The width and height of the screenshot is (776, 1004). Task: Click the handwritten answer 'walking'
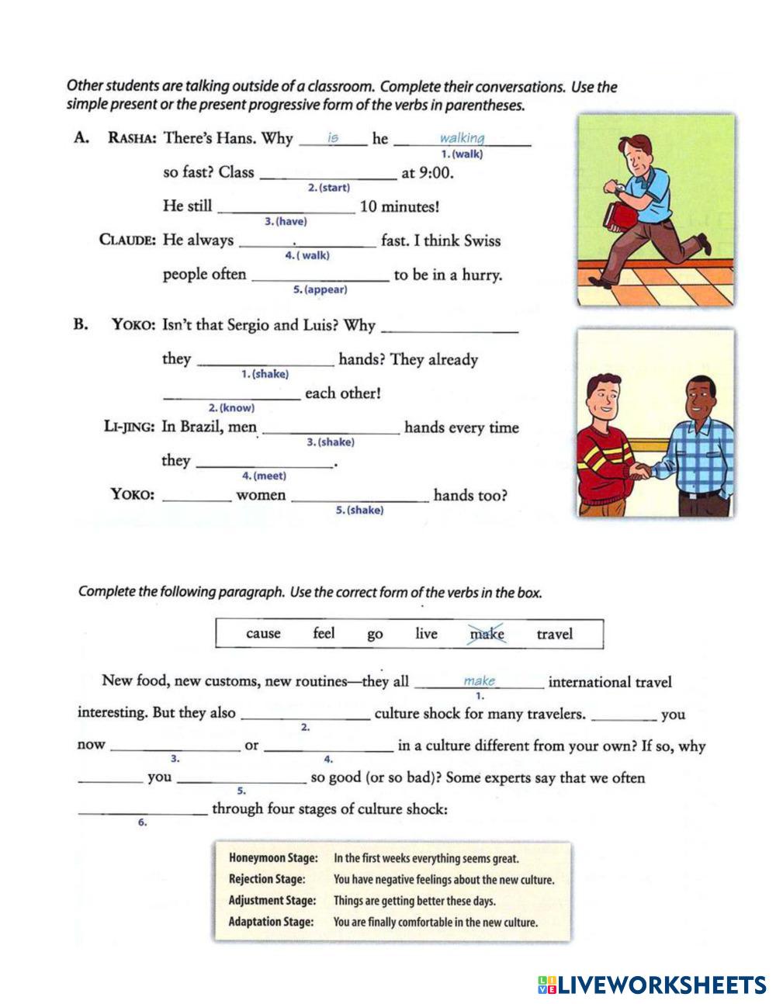tap(462, 138)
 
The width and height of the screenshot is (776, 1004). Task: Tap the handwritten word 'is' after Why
tap(333, 137)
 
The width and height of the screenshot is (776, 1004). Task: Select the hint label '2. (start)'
tap(328, 188)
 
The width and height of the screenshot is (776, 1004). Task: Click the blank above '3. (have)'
tap(286, 208)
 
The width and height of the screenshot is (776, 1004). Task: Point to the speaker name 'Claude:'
tap(128, 240)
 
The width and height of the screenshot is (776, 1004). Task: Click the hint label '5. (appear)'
tap(320, 289)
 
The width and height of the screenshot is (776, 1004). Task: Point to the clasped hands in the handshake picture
tap(642, 471)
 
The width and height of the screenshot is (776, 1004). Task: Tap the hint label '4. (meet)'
tap(264, 476)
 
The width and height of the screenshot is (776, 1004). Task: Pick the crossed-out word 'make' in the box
tap(487, 634)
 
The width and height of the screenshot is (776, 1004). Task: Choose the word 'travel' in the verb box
tap(554, 634)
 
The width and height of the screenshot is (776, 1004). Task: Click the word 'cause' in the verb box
tap(263, 634)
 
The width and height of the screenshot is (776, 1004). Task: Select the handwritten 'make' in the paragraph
tap(479, 680)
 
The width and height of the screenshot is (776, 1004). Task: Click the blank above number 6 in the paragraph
tap(143, 810)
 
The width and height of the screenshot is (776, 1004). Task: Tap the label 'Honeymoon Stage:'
tap(273, 858)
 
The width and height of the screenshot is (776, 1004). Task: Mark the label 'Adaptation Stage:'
tap(271, 922)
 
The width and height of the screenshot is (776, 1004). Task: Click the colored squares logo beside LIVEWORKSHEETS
tap(546, 985)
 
